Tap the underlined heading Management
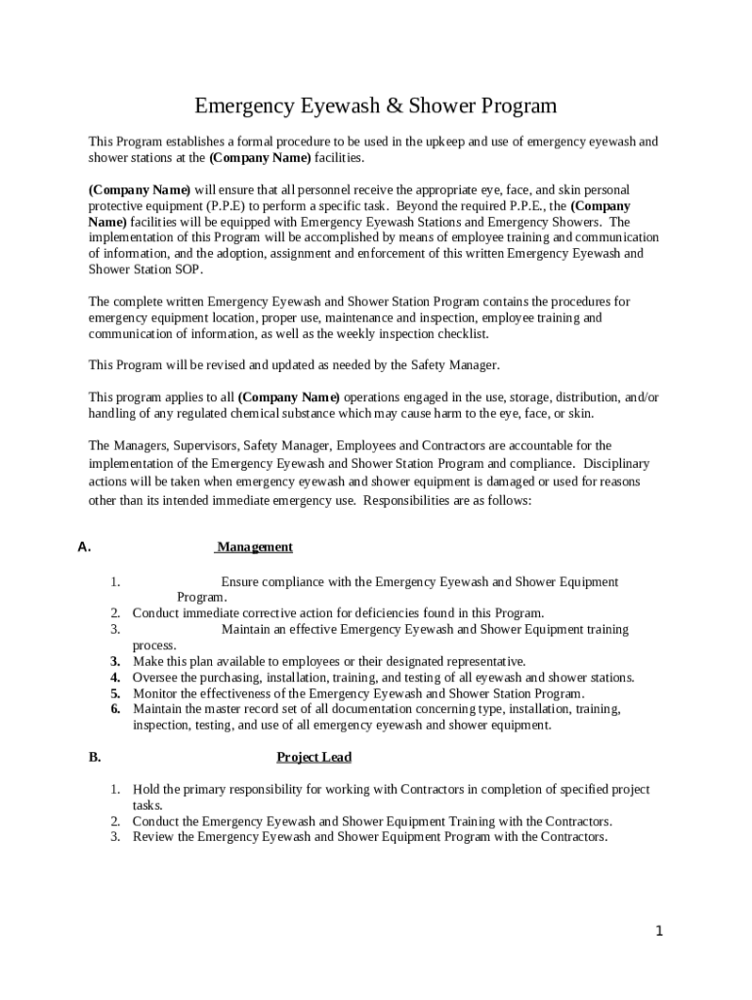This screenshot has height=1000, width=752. pos(255,547)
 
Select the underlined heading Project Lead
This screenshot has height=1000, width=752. pos(313,757)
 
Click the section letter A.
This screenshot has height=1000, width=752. pos(84,547)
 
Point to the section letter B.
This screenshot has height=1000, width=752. pos(95,757)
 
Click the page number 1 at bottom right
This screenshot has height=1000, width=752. pos(659,931)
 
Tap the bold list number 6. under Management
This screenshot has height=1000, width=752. pos(115,708)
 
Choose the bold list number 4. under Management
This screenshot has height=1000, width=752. pos(115,677)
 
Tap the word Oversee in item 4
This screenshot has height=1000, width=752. pos(155,677)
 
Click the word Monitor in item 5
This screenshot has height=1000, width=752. pos(155,692)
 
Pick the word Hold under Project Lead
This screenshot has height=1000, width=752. pos(146,789)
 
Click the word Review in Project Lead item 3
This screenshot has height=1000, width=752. pos(152,837)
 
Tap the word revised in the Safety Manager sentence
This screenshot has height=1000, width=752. pos(234,364)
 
